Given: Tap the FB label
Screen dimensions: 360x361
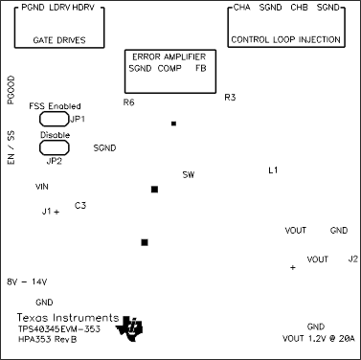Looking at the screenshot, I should click(x=200, y=70).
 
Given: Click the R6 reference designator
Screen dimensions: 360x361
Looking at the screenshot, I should click(x=129, y=101).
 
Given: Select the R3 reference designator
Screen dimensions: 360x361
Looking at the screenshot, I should click(x=230, y=98).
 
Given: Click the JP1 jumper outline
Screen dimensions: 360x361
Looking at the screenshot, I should click(x=51, y=120).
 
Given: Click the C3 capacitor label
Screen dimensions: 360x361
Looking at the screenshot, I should click(x=80, y=206).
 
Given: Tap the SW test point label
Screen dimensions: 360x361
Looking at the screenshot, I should click(x=189, y=175).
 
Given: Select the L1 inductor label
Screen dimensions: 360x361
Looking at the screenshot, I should click(x=273, y=170).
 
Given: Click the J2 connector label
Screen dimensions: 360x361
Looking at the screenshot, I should click(x=352, y=259).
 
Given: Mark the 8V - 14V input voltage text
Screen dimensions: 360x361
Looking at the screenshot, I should click(x=27, y=281).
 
